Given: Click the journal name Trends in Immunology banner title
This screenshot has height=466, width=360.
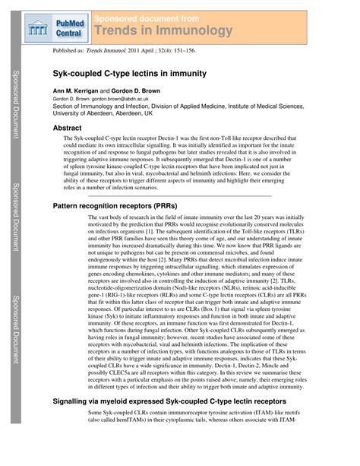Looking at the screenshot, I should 163,30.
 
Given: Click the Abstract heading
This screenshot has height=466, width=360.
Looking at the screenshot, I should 67,128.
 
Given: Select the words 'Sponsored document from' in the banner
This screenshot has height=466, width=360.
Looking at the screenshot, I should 147,17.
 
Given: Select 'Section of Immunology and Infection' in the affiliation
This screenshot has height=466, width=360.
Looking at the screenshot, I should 99,107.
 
